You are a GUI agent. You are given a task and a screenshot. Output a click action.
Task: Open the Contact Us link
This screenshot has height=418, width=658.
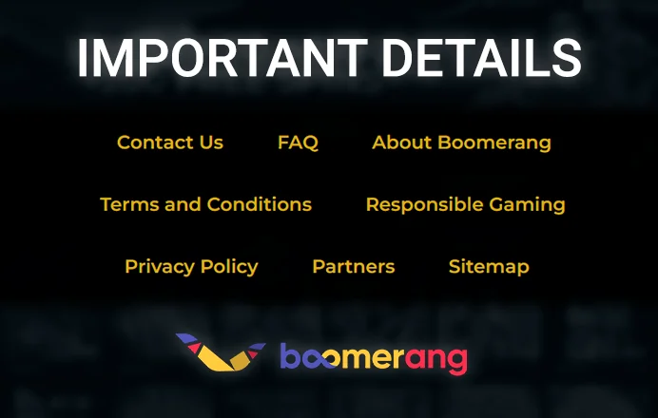click(170, 142)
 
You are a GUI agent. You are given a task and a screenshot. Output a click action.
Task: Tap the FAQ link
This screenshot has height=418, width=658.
click(298, 142)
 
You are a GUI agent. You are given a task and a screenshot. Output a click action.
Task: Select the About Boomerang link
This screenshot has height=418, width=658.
click(461, 142)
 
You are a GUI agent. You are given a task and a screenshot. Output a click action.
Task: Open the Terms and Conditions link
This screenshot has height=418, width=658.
click(205, 204)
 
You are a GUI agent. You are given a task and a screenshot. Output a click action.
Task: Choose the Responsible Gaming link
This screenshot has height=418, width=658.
click(465, 204)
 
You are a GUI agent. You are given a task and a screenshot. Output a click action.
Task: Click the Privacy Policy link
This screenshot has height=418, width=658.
click(191, 266)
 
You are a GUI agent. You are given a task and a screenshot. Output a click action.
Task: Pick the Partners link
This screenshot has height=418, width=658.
click(353, 266)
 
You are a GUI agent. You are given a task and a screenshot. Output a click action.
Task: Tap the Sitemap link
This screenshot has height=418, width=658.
click(489, 266)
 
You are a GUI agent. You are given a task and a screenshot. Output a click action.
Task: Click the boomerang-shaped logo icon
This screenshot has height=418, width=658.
click(220, 351)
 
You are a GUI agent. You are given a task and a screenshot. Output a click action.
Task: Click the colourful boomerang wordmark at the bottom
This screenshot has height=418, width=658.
click(373, 358)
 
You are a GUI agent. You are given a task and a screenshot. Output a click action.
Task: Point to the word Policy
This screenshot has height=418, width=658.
click(226, 267)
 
